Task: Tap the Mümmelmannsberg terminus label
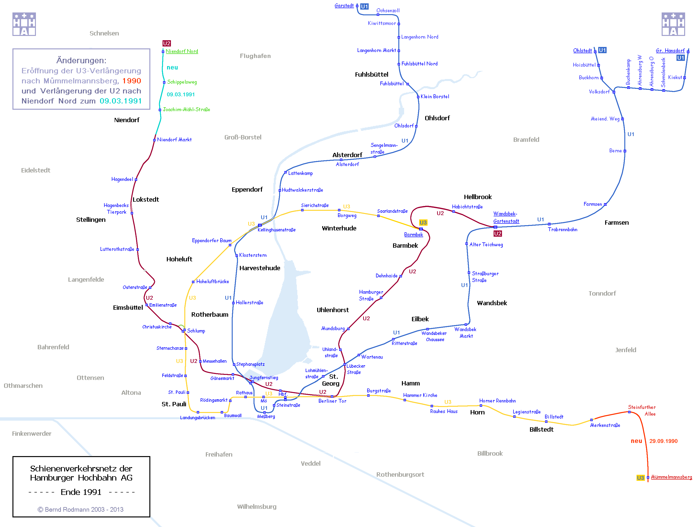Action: [x=671, y=477]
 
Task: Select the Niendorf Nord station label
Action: [x=182, y=51]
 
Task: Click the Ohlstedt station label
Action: [x=582, y=51]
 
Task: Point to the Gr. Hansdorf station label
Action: [x=670, y=51]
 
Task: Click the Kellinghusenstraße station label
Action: [x=276, y=230]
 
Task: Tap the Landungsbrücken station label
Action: [x=197, y=418]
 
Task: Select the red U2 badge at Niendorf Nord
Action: [x=167, y=43]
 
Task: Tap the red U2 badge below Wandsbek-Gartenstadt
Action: [x=497, y=234]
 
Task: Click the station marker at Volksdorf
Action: [x=614, y=92]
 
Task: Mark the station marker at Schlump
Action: [x=184, y=330]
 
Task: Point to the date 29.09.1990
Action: [x=663, y=441]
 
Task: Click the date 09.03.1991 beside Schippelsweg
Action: [x=181, y=95]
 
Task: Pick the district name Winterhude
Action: [x=339, y=228]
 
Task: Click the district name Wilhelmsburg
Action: [x=257, y=506]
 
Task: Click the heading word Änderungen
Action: [x=81, y=60]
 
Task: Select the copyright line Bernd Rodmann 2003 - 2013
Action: [x=81, y=509]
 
